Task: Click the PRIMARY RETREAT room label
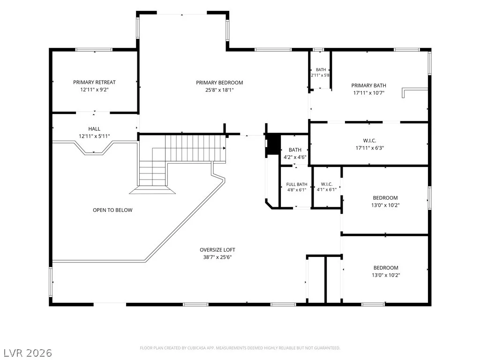[x=94, y=82]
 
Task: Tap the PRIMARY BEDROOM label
[x=219, y=82]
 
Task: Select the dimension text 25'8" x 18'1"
[x=219, y=90]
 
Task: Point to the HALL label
[x=94, y=129]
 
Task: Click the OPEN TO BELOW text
[x=112, y=210]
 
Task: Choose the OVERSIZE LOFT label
[x=217, y=250]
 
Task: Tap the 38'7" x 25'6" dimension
[x=217, y=257]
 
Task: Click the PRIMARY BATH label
[x=368, y=85]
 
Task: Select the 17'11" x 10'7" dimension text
[x=368, y=93]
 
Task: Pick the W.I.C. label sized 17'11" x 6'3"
[x=369, y=141]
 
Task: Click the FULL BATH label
[x=297, y=184]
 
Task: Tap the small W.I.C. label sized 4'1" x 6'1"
[x=327, y=184]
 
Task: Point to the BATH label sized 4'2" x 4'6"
[x=295, y=150]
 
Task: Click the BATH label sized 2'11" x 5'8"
[x=321, y=69]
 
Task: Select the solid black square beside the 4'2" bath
[x=273, y=144]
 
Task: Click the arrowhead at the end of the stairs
[x=225, y=148]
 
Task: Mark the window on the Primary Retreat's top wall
[x=94, y=50]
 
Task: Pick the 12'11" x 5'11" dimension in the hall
[x=94, y=136]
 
